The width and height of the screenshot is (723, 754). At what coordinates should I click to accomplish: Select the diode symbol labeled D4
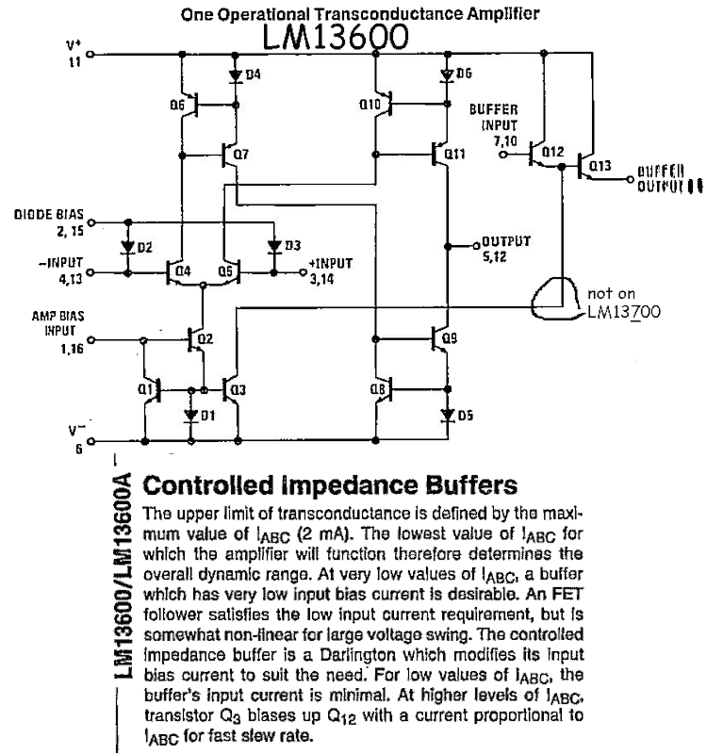coord(232,74)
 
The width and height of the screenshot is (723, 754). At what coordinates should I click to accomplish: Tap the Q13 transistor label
coord(600,167)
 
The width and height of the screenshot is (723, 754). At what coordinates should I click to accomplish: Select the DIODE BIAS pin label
coord(42,220)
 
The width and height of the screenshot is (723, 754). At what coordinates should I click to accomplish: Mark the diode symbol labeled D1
coord(191,414)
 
